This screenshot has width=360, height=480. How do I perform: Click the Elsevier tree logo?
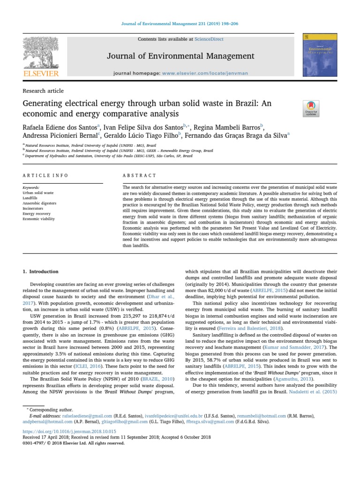41,54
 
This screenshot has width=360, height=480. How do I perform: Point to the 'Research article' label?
43,91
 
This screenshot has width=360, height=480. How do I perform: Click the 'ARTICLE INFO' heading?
45,175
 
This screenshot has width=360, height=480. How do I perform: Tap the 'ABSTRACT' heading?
139,175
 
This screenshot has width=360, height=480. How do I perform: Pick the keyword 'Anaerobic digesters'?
39,203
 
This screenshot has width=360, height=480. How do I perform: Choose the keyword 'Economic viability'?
38,219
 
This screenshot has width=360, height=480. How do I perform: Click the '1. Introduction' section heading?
41,271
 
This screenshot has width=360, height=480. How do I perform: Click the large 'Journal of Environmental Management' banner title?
180,57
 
